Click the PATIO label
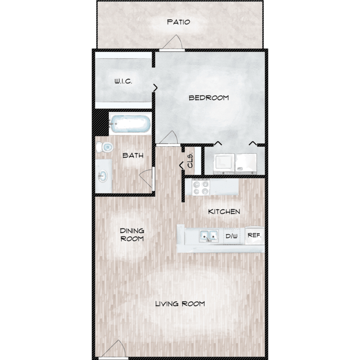pos(179,22)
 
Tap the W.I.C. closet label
pos(123,81)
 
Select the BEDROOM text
pos(209,98)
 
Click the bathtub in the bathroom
pos(130,124)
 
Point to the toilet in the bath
pos(105,147)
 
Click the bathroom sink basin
pos(103,176)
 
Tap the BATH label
pos(133,156)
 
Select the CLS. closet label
pos(190,161)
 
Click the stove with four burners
pos(201,187)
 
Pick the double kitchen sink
pos(209,236)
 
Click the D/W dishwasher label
pos(231,236)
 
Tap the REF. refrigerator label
pos(254,235)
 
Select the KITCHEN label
pos(224,212)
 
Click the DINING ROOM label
pos(132,235)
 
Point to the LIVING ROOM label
pos(180,304)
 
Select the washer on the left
pos(224,164)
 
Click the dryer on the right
pos(246,164)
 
